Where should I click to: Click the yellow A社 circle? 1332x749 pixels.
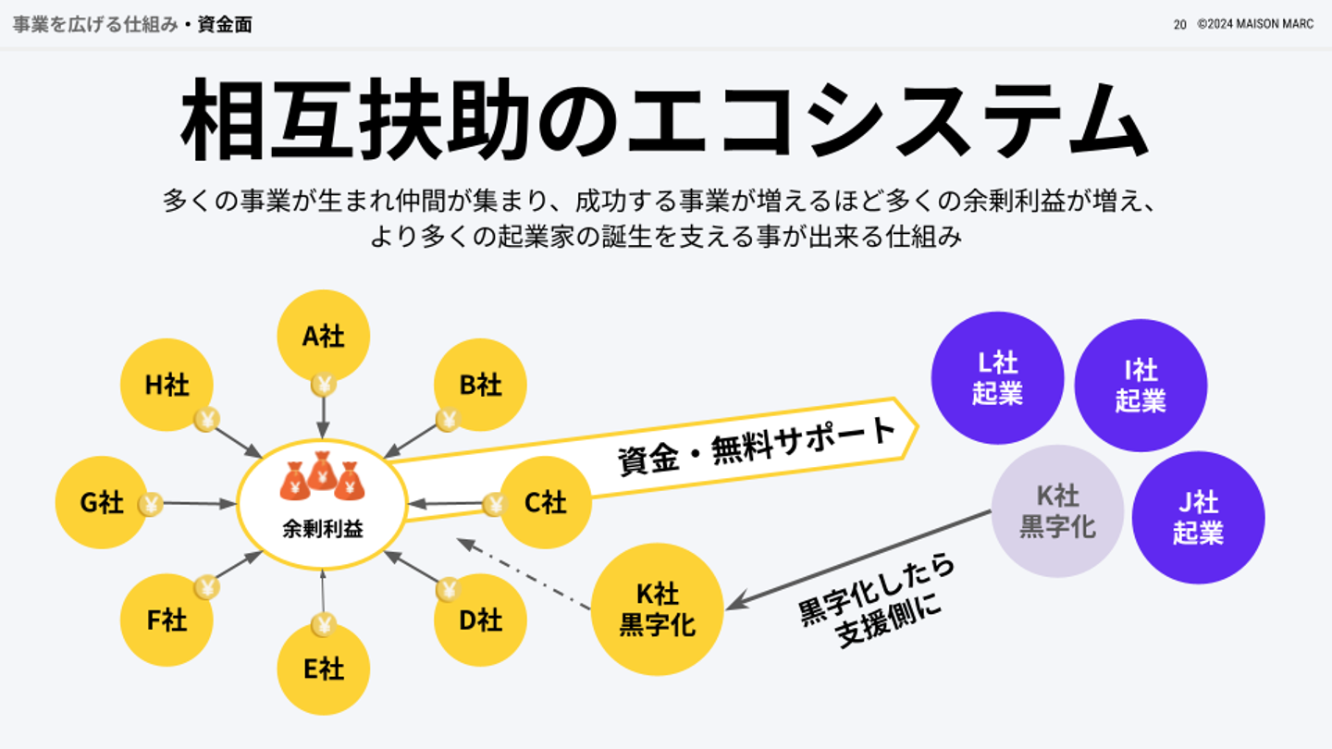click(x=323, y=336)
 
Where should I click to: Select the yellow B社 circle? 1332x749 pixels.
click(x=480, y=385)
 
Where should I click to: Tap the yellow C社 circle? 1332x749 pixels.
click(x=546, y=502)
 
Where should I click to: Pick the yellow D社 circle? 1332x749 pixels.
click(x=480, y=620)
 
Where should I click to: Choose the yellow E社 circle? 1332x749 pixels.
click(x=323, y=669)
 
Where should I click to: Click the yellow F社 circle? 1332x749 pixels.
click(x=166, y=620)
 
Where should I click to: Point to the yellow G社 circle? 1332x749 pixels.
click(x=102, y=502)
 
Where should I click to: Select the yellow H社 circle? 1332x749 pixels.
click(x=166, y=385)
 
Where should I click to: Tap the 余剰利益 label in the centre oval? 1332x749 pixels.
click(x=322, y=530)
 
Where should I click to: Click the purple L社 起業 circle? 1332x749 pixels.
click(x=997, y=378)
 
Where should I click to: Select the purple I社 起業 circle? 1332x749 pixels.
click(x=1141, y=386)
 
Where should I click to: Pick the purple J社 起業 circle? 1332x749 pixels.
click(x=1198, y=517)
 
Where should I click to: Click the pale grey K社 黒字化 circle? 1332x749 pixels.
click(x=1057, y=511)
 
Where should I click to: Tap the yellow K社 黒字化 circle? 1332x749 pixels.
click(x=657, y=609)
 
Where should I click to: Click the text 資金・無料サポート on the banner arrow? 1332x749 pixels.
click(x=757, y=445)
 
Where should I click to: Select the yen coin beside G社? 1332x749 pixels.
click(x=151, y=504)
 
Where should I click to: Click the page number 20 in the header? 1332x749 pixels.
click(x=1179, y=25)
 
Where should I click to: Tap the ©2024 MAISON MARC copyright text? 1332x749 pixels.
click(x=1254, y=25)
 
